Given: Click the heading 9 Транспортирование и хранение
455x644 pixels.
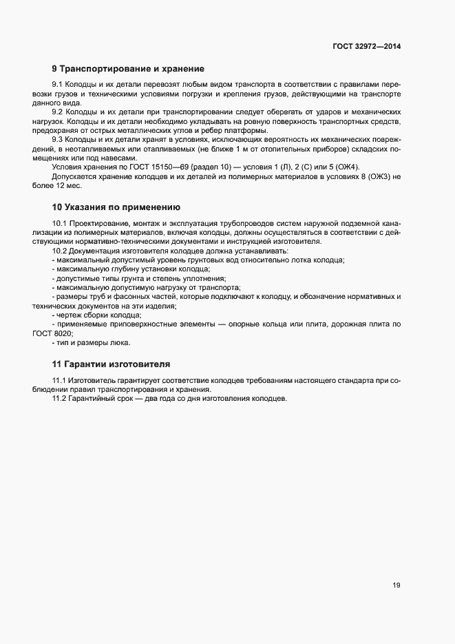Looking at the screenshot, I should pyautogui.click(x=127, y=69).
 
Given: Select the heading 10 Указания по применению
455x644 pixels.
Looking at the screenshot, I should pyautogui.click(x=116, y=207).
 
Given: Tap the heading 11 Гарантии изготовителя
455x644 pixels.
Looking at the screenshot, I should pyautogui.click(x=112, y=363).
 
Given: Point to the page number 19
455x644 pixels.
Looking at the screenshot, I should pyautogui.click(x=396, y=585).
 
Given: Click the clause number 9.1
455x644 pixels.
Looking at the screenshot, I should pyautogui.click(x=58, y=85).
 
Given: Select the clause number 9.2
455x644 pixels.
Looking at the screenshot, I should pyautogui.click(x=58, y=112).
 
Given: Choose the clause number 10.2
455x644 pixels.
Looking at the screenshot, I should pyautogui.click(x=61, y=251).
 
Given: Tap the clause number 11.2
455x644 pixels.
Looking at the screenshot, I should pyautogui.click(x=61, y=399).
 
